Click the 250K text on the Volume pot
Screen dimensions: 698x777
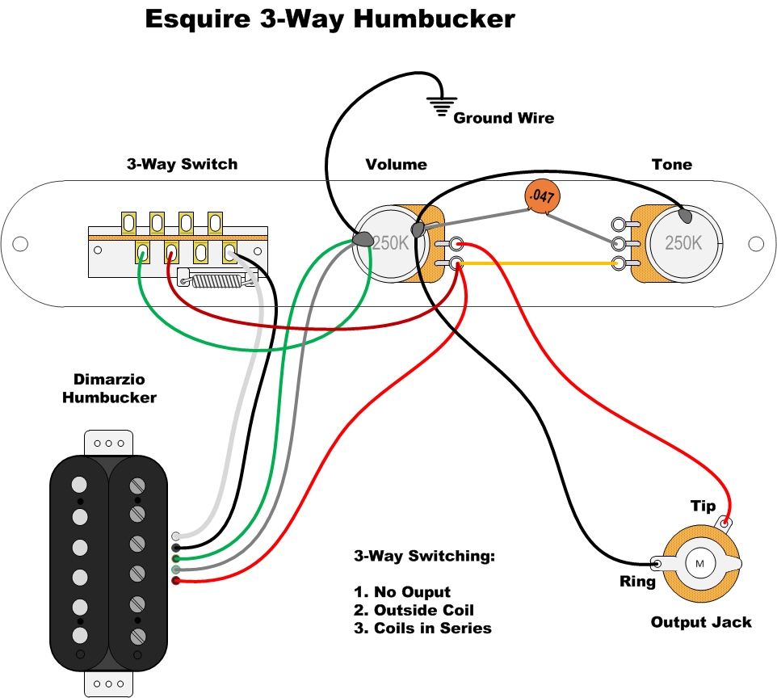pos(391,242)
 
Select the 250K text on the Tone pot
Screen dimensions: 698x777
pos(683,242)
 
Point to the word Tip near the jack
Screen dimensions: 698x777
pos(703,506)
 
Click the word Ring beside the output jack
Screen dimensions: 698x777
pos(637,581)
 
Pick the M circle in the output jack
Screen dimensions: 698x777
pos(699,562)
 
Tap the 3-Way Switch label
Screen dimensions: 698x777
pos(182,164)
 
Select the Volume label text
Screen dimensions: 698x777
pos(396,164)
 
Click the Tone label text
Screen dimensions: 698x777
pos(672,164)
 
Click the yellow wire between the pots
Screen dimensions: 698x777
pos(537,263)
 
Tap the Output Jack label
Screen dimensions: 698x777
pos(701,622)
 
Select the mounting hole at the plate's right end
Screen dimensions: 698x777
pos(756,242)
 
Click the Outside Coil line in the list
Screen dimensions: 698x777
pos(414,610)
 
